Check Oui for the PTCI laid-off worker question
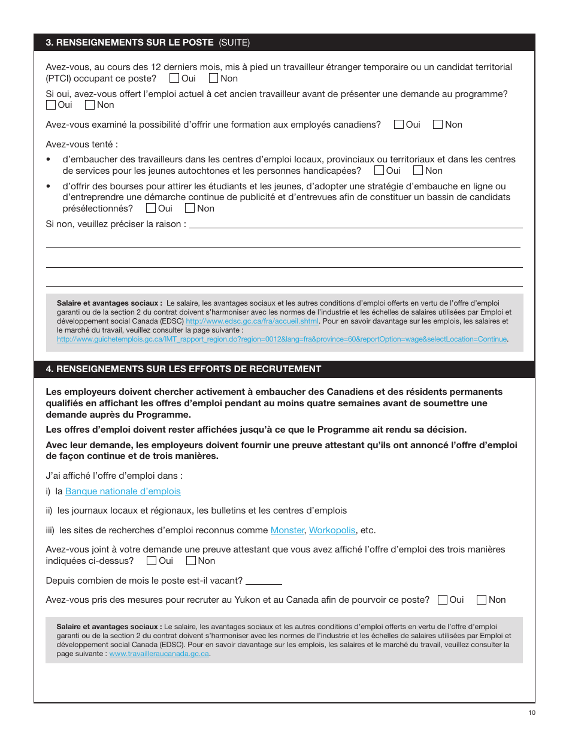click(174, 78)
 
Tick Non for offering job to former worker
click(90, 105)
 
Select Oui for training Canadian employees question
click(399, 125)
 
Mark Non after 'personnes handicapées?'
click(418, 171)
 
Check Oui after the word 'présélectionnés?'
click(151, 209)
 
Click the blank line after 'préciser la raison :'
click(356, 225)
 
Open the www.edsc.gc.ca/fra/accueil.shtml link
click(252, 321)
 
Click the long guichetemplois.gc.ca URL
click(282, 339)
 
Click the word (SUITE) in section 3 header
click(234, 43)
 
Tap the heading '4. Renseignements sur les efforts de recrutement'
click(183, 369)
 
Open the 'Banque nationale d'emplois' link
click(123, 491)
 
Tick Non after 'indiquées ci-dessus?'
click(191, 561)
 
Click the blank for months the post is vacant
click(264, 581)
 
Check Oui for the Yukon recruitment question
click(443, 600)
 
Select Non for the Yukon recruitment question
click(482, 600)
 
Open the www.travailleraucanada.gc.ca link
click(159, 654)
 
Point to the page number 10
click(532, 712)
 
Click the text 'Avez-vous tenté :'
click(81, 144)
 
